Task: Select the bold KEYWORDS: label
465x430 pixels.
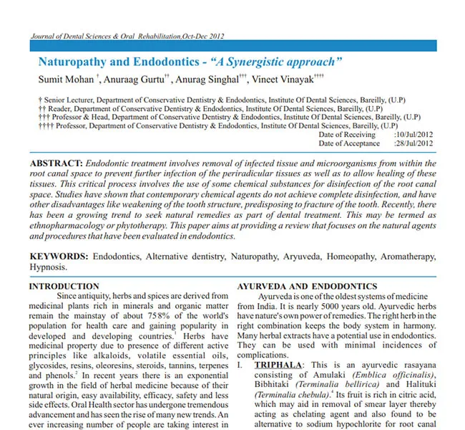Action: coord(59,256)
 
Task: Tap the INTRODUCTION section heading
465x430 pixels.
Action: coord(64,286)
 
